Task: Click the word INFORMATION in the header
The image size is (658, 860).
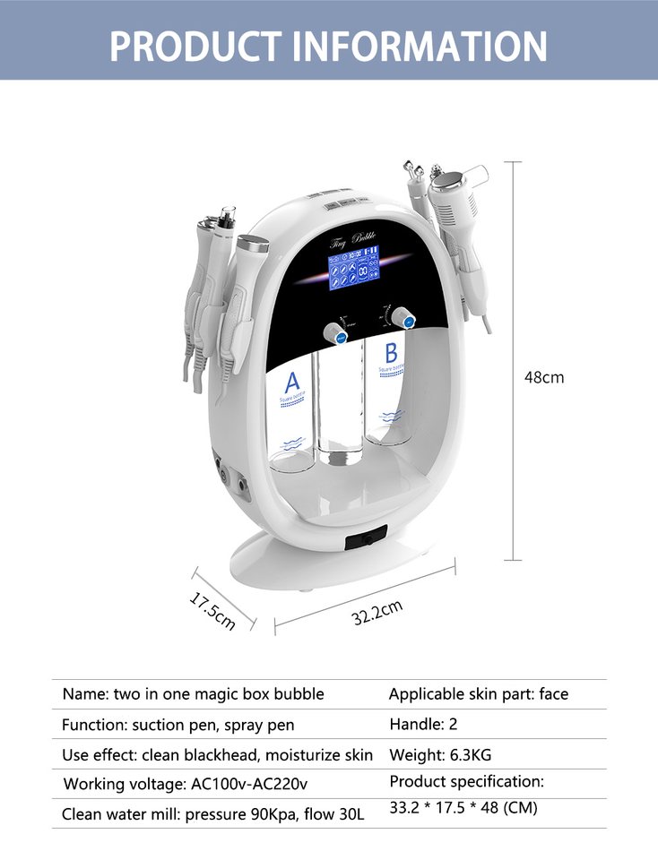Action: (x=420, y=45)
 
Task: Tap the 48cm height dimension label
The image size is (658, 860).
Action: (x=544, y=377)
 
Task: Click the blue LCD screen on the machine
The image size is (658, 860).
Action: (x=353, y=272)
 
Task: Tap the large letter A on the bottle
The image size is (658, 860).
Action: (x=293, y=381)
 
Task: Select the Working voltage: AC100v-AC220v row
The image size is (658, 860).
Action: (x=186, y=784)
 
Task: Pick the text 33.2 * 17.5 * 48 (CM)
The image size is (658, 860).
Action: (x=463, y=808)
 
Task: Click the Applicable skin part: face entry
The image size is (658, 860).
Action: (x=478, y=694)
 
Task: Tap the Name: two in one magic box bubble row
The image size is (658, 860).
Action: (x=193, y=694)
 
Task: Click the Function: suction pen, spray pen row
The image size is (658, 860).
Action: (x=177, y=725)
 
